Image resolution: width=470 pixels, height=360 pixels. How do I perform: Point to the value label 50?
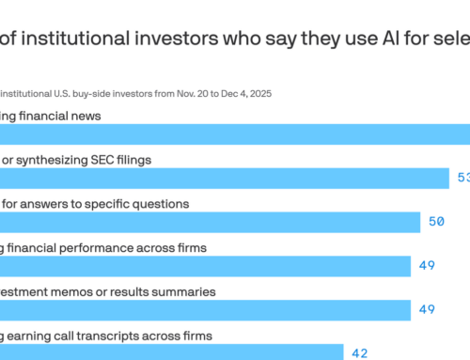pyautogui.click(x=435, y=222)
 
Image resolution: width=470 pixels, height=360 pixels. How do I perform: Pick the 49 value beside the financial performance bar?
pyautogui.click(x=427, y=266)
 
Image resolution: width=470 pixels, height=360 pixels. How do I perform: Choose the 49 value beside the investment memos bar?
pyautogui.click(x=427, y=310)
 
